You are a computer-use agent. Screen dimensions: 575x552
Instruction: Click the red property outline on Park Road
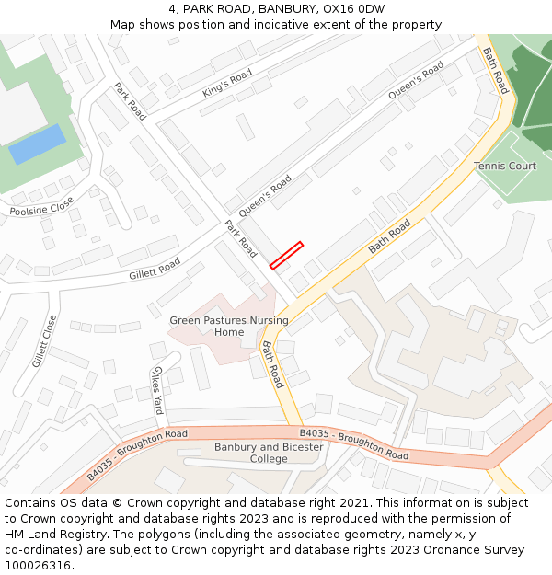(286, 256)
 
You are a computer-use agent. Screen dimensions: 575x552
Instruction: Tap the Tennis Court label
(505, 167)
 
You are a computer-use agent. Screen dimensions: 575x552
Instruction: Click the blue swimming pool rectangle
(37, 144)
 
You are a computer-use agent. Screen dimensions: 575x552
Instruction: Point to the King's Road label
(226, 84)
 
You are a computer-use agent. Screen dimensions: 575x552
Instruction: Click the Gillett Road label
(155, 269)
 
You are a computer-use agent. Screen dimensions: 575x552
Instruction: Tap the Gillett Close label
(44, 341)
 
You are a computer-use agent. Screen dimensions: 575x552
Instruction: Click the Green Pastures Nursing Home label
(229, 327)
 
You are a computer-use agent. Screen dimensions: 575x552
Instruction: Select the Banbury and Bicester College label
(269, 453)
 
